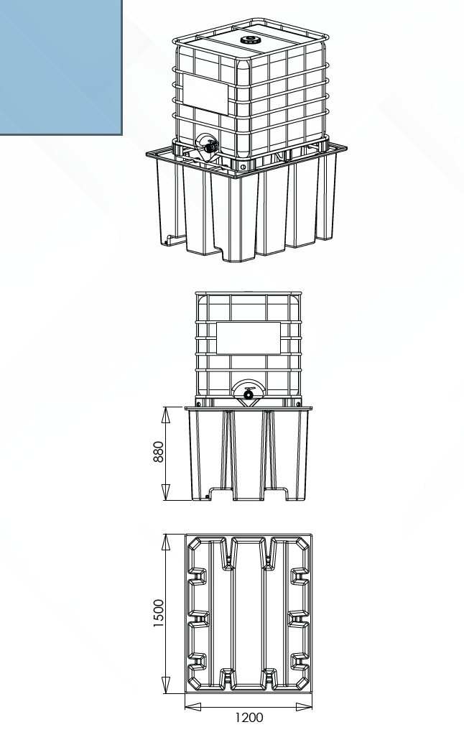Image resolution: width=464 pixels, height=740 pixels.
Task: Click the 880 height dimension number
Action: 159,451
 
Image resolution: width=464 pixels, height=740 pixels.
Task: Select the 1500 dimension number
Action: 159,614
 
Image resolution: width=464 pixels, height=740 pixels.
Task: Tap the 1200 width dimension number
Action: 249,717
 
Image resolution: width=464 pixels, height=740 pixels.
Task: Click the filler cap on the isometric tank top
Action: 251,39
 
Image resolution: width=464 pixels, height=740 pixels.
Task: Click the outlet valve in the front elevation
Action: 249,393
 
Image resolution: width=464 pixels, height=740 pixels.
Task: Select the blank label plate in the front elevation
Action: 249,338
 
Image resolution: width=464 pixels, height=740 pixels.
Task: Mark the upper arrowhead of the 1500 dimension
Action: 166,541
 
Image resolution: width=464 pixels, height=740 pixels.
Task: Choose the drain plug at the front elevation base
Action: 209,494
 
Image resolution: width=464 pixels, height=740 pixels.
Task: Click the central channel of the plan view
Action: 249,614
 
